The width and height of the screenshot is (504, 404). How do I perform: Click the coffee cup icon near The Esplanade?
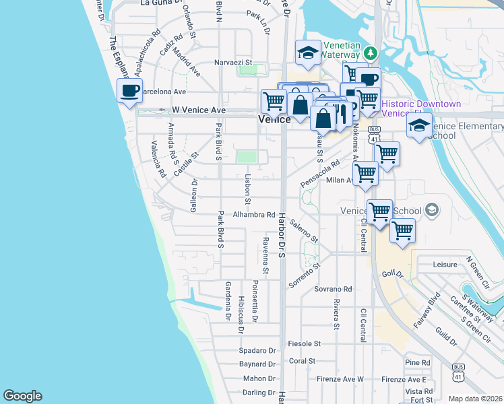[129, 90]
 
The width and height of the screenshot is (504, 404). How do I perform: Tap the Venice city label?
[274, 119]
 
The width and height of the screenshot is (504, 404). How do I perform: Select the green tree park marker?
[369, 53]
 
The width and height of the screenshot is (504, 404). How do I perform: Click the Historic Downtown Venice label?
[422, 109]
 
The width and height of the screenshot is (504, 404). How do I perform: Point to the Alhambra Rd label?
[254, 215]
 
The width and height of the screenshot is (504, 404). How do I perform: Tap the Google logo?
[22, 396]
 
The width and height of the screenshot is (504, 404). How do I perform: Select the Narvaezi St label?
[232, 62]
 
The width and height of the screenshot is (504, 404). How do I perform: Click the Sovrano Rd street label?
[333, 289]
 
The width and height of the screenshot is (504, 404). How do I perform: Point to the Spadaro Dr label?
[258, 351]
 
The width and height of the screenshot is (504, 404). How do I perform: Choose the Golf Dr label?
[392, 275]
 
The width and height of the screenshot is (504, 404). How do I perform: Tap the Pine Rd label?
[418, 362]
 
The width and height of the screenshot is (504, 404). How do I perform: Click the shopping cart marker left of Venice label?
[274, 101]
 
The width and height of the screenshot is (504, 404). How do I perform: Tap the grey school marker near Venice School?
[431, 211]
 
